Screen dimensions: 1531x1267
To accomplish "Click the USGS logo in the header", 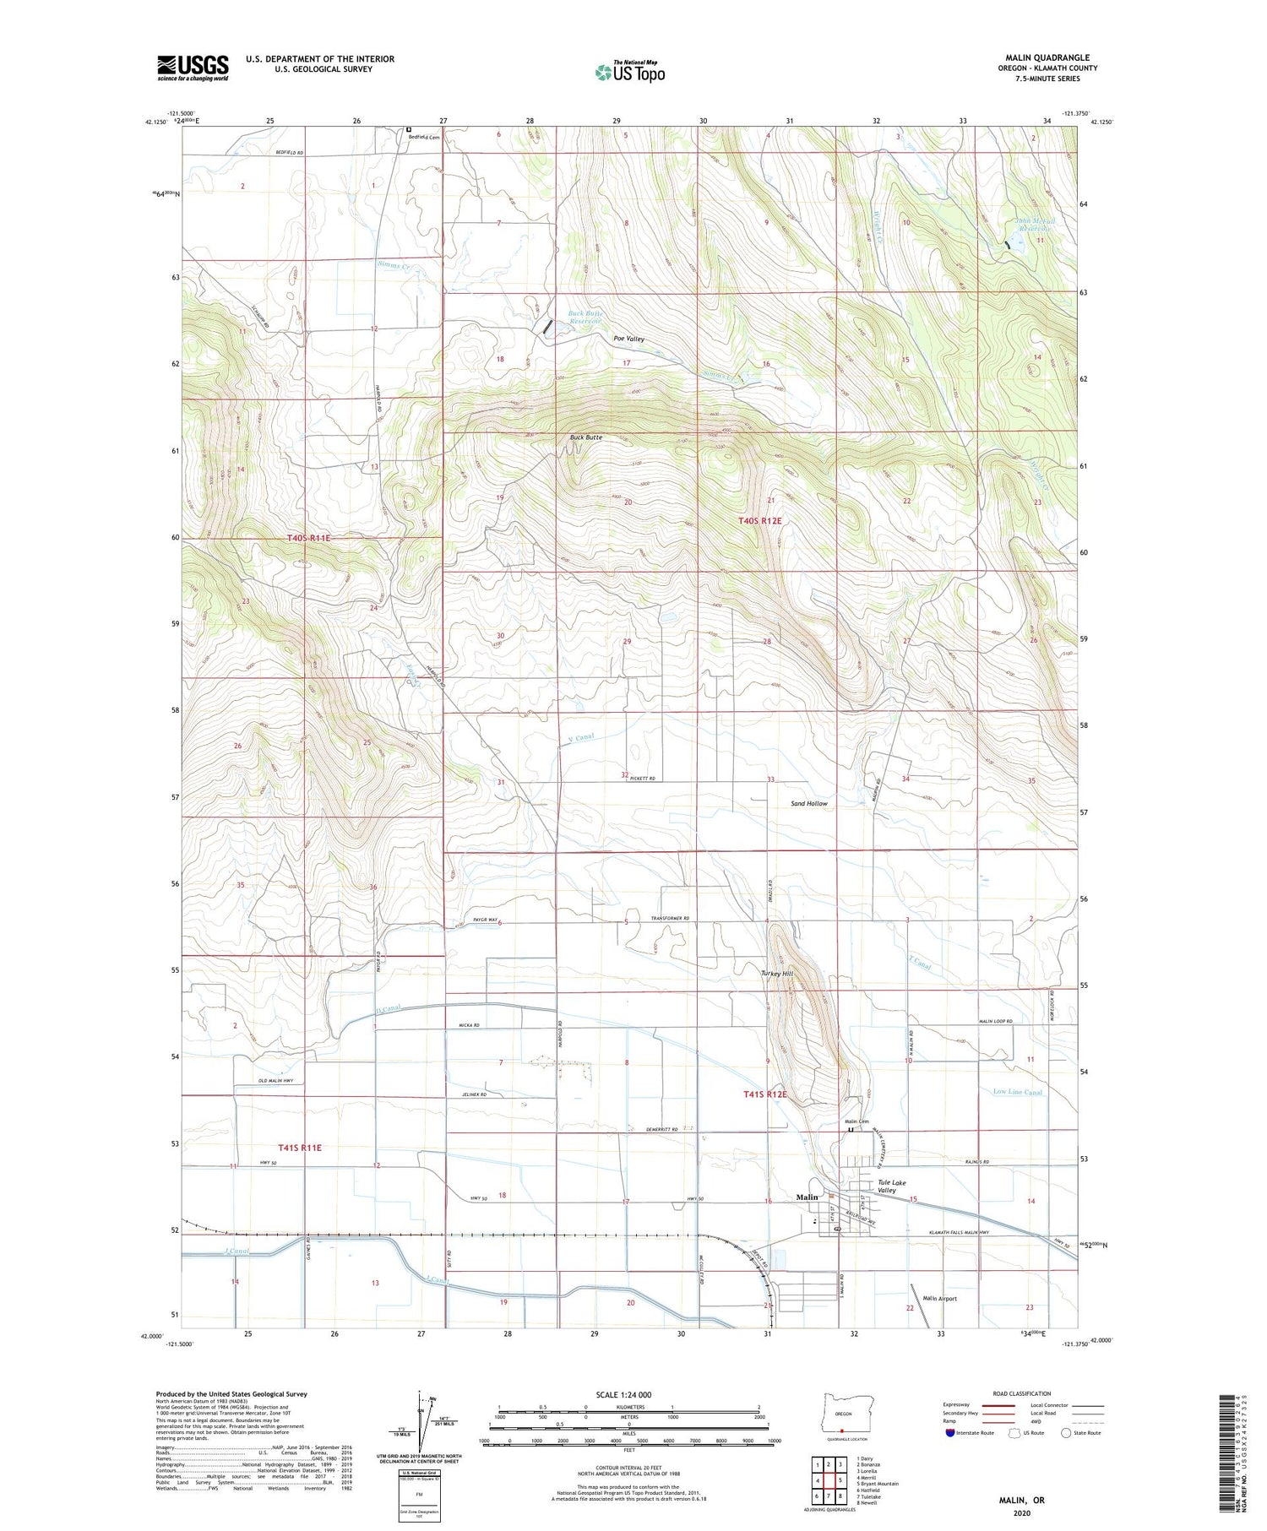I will click(193, 68).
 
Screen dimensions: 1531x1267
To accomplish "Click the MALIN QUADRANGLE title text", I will click(1047, 57).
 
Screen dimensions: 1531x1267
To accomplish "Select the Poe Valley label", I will click(628, 339).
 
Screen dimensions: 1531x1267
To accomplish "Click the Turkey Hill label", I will click(776, 974).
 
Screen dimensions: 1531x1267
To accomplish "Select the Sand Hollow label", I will click(809, 804).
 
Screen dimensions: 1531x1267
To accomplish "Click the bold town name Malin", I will click(807, 1197).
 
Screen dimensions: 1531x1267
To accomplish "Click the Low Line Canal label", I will click(1017, 1092).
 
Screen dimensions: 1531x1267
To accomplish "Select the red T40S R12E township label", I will click(760, 521).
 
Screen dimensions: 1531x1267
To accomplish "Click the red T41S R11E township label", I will click(300, 1148).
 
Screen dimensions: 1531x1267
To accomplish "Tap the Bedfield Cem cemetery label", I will click(425, 137).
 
